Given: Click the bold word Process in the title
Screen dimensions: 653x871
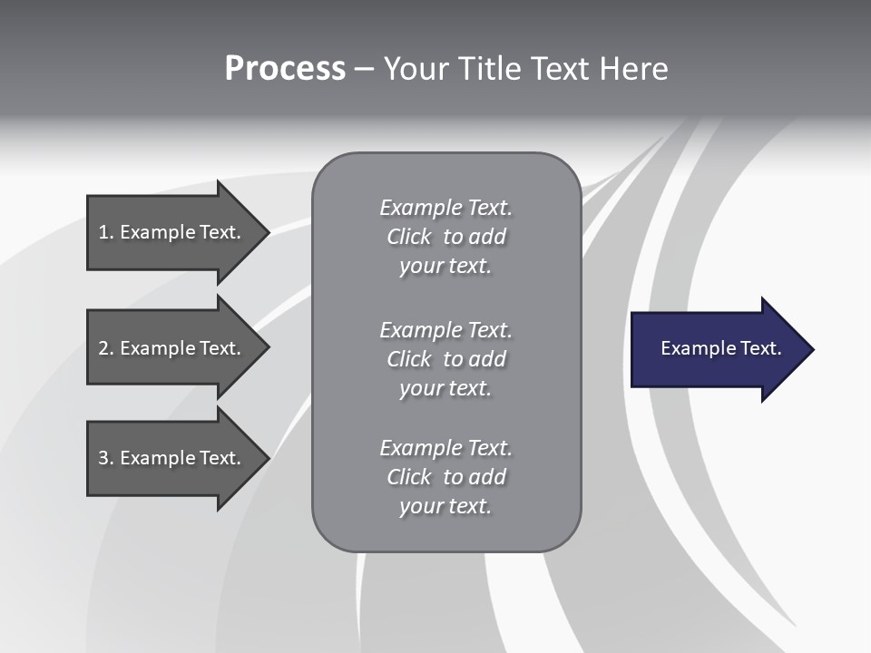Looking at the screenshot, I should (x=285, y=69).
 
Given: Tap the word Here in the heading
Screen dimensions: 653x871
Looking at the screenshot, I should (x=633, y=69).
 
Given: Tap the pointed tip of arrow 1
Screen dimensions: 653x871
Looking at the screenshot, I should (x=267, y=232).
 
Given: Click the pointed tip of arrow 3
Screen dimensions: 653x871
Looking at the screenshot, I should (x=267, y=458).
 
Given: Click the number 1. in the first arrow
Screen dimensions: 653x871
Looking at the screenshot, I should (x=105, y=232).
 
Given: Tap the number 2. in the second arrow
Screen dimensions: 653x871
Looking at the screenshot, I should (x=105, y=348).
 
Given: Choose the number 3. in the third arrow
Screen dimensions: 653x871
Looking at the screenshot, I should (x=105, y=458).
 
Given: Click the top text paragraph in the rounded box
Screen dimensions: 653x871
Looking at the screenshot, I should (x=445, y=237).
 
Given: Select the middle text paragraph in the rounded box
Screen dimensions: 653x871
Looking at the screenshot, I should (x=445, y=359).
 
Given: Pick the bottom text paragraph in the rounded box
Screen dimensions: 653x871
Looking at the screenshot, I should (x=445, y=477).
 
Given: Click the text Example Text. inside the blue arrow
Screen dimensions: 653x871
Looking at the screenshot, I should (x=720, y=348).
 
